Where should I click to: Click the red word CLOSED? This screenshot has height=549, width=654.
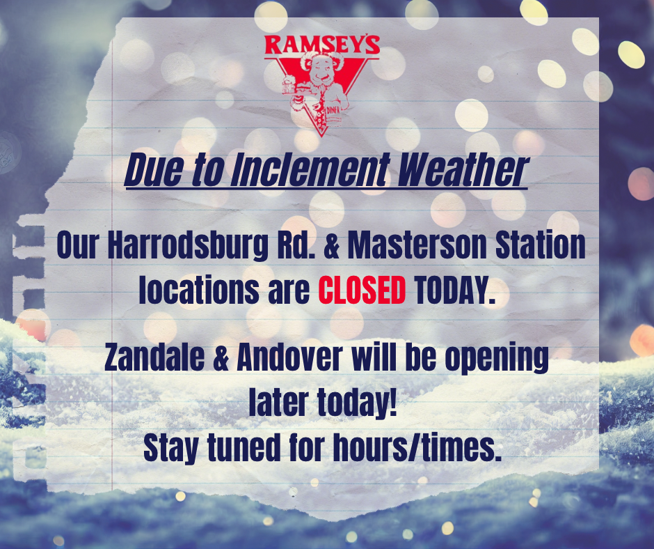click(362, 290)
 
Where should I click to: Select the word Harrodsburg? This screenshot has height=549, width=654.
click(187, 246)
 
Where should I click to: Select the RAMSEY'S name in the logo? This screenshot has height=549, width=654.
click(322, 45)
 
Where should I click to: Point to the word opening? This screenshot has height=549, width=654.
click(496, 359)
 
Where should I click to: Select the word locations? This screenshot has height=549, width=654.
click(198, 290)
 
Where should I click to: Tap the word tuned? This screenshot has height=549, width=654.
click(244, 447)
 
